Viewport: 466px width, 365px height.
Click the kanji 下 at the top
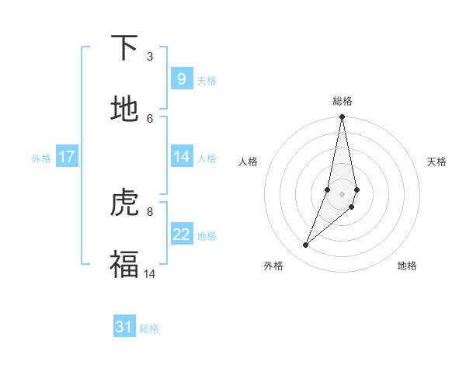[125, 49]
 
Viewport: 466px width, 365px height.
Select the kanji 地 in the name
[125, 109]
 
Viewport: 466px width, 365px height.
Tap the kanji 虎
[125, 203]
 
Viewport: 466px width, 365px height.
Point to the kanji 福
[125, 264]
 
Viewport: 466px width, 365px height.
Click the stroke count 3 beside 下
[150, 57]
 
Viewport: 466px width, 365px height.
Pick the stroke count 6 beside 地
[150, 117]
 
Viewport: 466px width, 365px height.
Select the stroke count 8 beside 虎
[150, 210]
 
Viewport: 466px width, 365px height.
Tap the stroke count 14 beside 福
[150, 273]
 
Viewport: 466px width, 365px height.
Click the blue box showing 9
[182, 78]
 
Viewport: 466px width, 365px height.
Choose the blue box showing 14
[182, 157]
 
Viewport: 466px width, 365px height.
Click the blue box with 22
[182, 235]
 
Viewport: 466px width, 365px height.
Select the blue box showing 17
[67, 157]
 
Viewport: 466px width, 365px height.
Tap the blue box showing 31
[124, 328]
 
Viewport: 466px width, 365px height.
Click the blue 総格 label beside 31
[149, 329]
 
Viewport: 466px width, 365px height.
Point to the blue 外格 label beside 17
[41, 158]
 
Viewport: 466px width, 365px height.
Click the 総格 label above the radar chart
[343, 101]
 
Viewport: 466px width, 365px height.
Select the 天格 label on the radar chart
[437, 162]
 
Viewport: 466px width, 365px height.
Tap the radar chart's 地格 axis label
[407, 266]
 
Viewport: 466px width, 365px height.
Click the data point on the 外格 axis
[306, 245]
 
